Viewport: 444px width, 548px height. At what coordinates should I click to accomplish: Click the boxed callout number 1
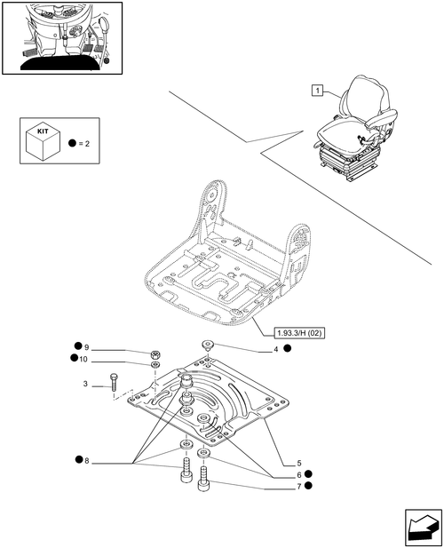click(x=317, y=91)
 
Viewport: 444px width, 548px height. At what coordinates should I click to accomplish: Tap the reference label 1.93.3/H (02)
click(x=298, y=333)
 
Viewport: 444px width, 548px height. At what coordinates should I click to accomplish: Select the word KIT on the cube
click(x=43, y=131)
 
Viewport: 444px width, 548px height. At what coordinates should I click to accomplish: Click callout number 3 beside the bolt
click(x=85, y=384)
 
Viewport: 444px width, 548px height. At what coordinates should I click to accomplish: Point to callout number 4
click(x=276, y=349)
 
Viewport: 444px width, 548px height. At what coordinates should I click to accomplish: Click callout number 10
click(x=83, y=360)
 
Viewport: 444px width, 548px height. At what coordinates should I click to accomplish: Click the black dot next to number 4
click(x=287, y=348)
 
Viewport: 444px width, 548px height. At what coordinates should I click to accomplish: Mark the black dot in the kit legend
click(x=72, y=143)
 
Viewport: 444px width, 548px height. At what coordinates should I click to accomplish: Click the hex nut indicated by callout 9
click(x=155, y=354)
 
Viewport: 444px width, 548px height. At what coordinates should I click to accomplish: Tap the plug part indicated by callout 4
click(x=208, y=345)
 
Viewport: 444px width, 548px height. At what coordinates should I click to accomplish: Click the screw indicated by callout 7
click(x=203, y=478)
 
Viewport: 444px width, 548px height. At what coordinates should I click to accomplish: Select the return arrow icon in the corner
click(x=423, y=528)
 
